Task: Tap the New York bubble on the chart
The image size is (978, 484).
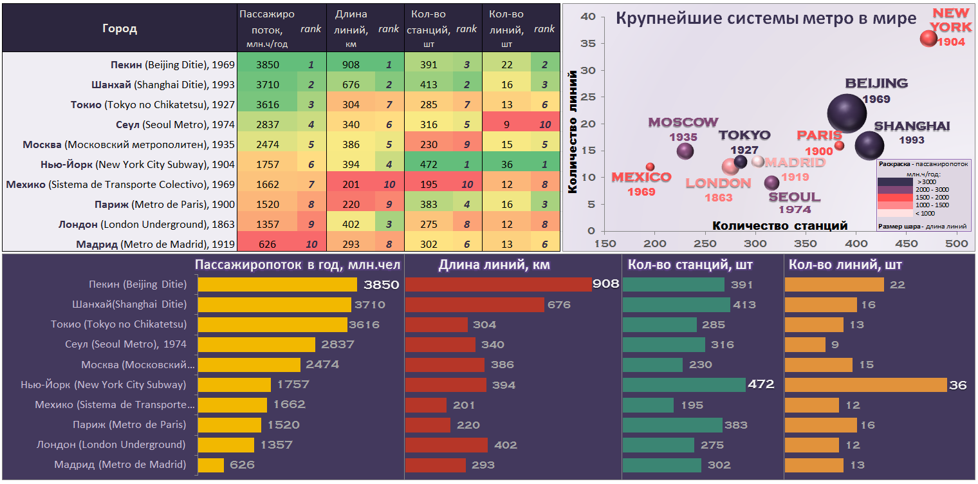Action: tap(928, 39)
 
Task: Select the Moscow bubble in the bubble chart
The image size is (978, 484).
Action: tap(685, 151)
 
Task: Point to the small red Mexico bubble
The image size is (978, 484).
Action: tap(650, 167)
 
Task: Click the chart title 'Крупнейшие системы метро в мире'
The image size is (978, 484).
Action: tap(766, 18)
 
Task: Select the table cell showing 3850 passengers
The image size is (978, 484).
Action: tap(266, 64)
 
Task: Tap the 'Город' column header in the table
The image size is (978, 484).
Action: tap(120, 29)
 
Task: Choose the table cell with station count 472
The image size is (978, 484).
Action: tap(428, 164)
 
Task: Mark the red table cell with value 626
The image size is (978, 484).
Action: tap(266, 244)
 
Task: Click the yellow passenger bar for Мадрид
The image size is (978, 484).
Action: tap(210, 465)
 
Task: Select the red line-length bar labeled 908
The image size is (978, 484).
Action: tap(497, 284)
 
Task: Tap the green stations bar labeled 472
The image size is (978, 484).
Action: tap(683, 385)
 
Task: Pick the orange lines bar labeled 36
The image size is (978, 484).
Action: tap(865, 385)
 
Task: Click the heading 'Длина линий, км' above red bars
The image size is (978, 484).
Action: tap(494, 265)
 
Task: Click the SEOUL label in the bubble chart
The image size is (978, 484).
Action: tap(795, 197)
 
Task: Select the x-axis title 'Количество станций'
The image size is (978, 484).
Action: tap(780, 225)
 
